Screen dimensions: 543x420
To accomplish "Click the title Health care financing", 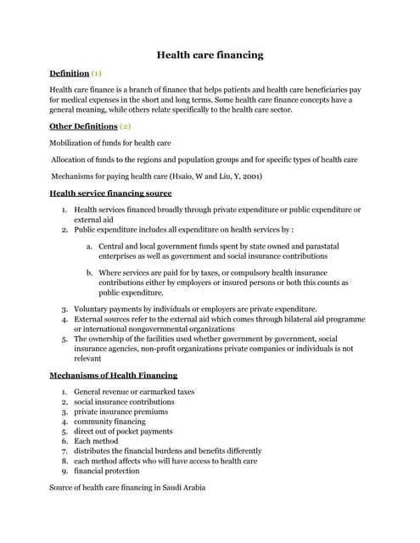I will [x=210, y=55].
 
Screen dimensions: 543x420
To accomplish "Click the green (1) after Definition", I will [x=97, y=74].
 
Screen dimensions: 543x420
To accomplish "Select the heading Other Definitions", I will [x=83, y=126].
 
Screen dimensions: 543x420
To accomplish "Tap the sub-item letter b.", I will [x=89, y=272].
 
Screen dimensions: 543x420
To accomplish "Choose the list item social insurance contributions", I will [x=124, y=401].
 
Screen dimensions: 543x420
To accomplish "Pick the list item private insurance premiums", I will [x=120, y=411].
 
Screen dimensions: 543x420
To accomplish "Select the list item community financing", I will [x=109, y=422].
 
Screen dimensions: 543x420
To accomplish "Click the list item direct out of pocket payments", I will [x=123, y=431].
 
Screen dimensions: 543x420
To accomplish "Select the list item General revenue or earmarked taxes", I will [x=134, y=392].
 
